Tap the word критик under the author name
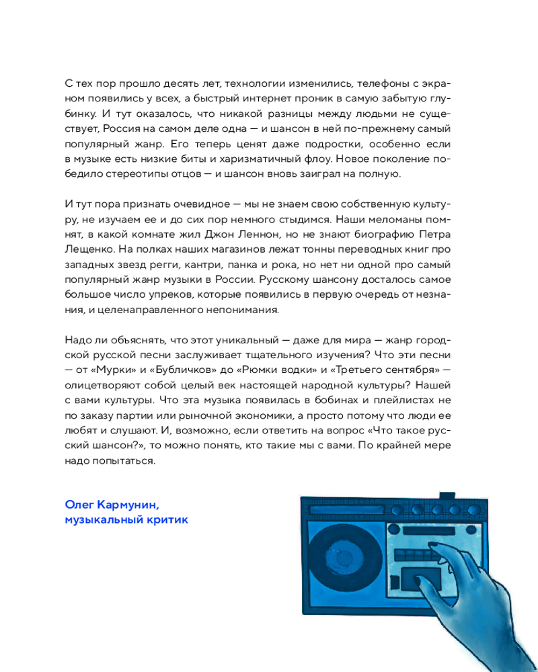click(164, 519)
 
